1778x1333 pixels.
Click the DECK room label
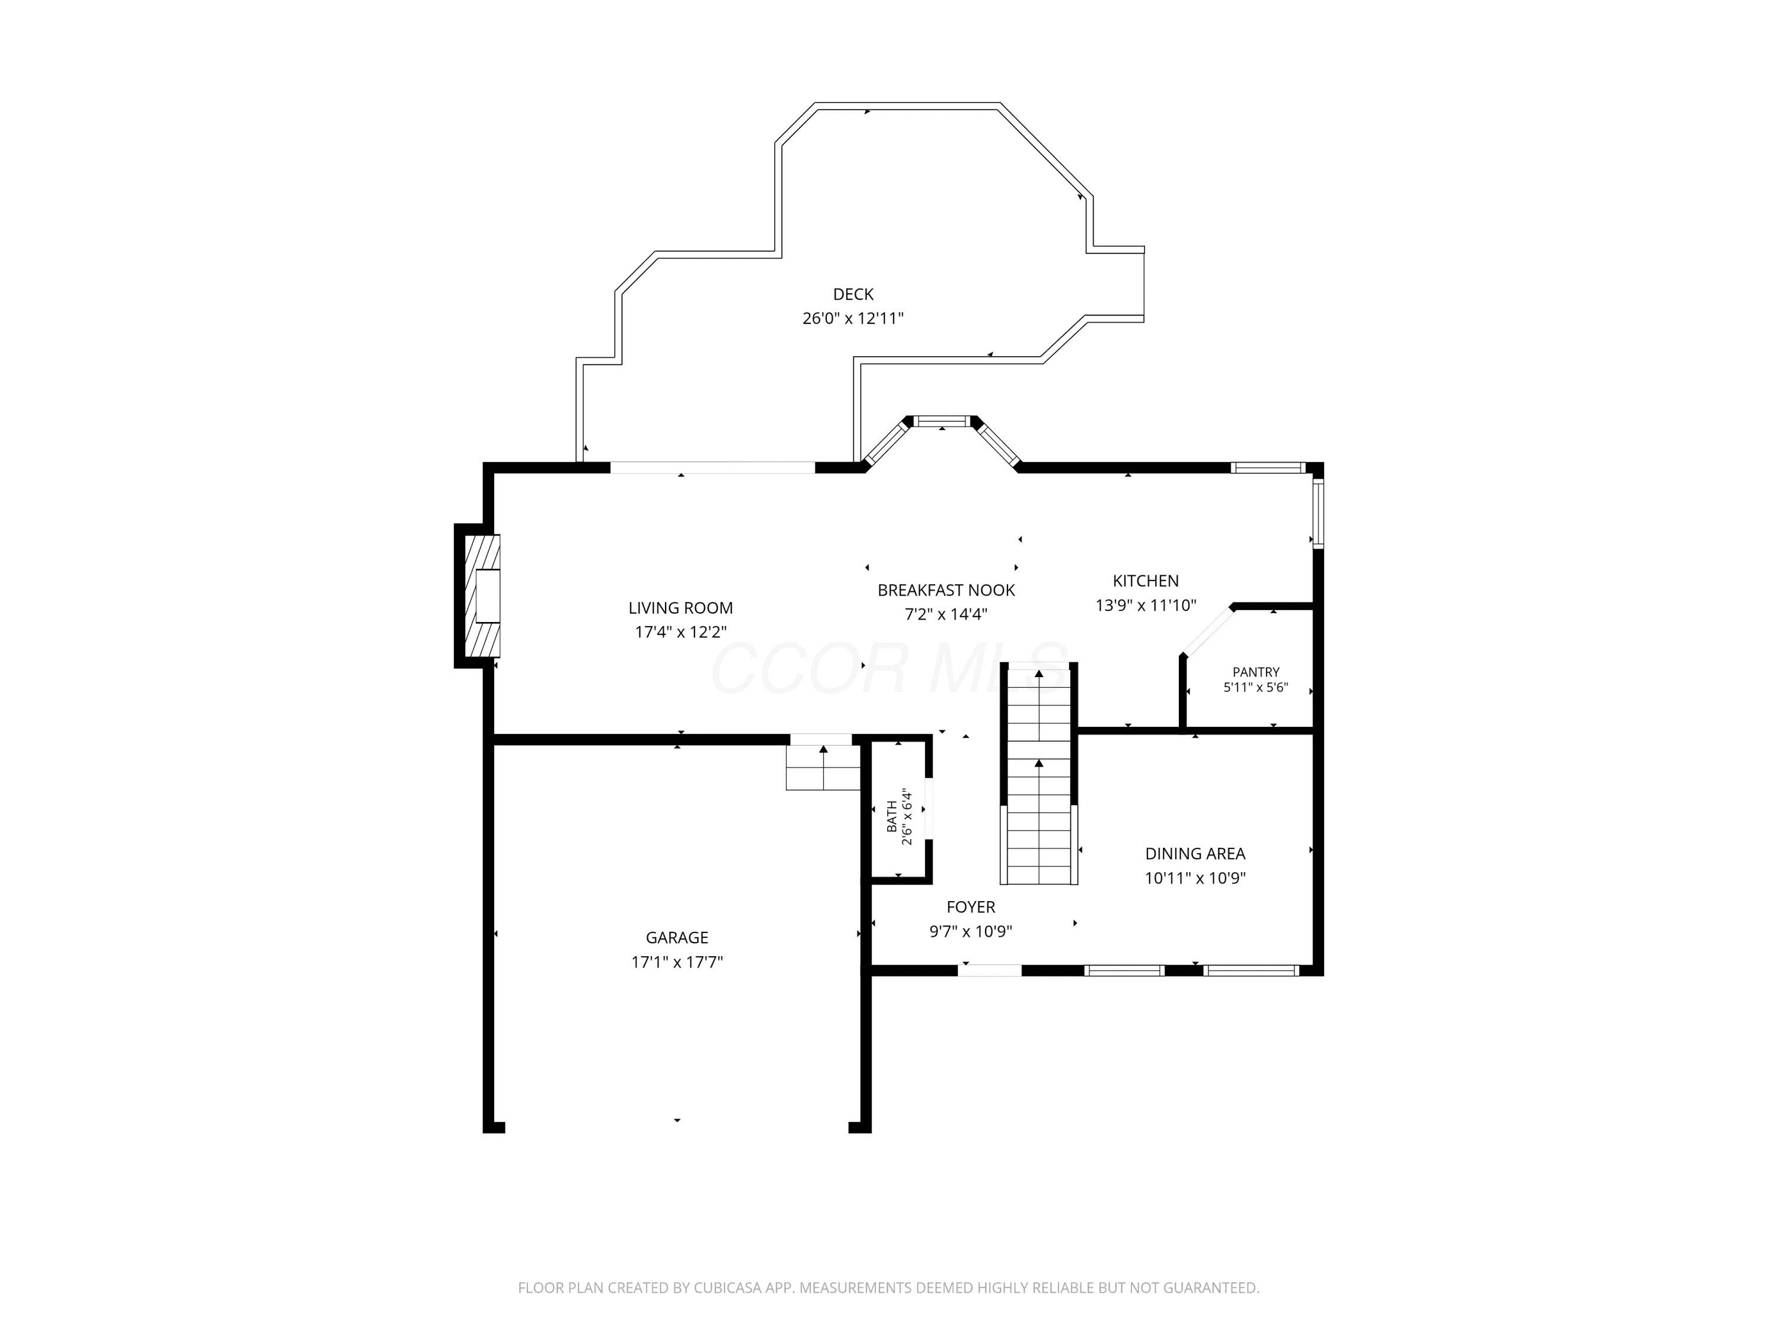point(853,294)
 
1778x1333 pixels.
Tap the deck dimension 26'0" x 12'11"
point(853,318)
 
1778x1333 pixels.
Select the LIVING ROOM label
point(681,608)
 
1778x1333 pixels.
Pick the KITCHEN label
point(1146,581)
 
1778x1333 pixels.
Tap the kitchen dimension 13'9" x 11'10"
point(1146,605)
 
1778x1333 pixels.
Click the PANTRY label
point(1255,672)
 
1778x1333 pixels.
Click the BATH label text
point(891,816)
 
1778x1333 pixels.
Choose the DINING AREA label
point(1195,854)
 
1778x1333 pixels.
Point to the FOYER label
point(970,907)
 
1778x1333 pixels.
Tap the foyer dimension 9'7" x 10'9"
point(970,931)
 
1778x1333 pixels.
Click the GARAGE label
point(677,938)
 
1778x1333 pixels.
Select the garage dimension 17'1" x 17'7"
point(677,962)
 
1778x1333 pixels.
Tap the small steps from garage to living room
point(823,767)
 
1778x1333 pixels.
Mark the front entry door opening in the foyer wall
point(990,970)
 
